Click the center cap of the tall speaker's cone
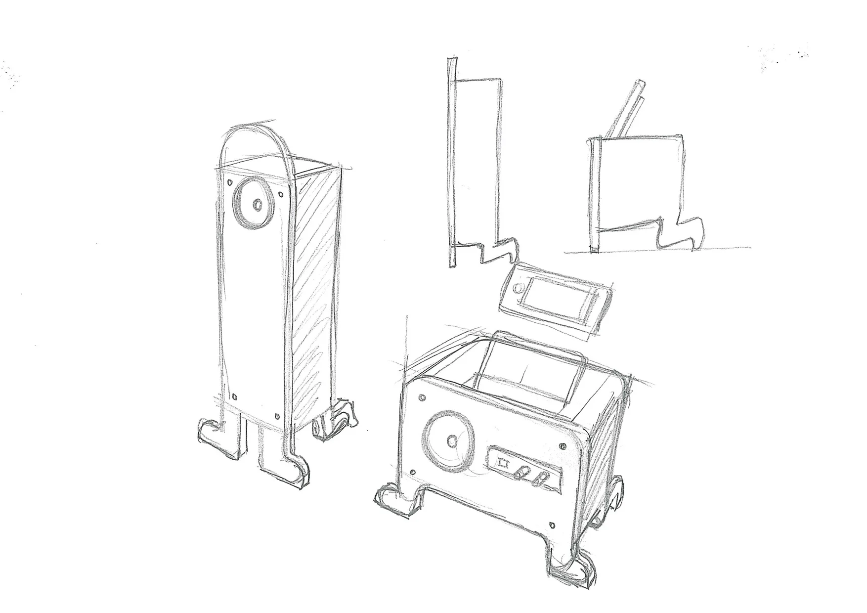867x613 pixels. (258, 204)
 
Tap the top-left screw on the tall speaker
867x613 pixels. (230, 182)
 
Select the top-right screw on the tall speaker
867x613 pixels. (282, 194)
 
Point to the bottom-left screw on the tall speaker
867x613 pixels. (234, 395)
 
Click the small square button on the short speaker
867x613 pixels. (503, 464)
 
